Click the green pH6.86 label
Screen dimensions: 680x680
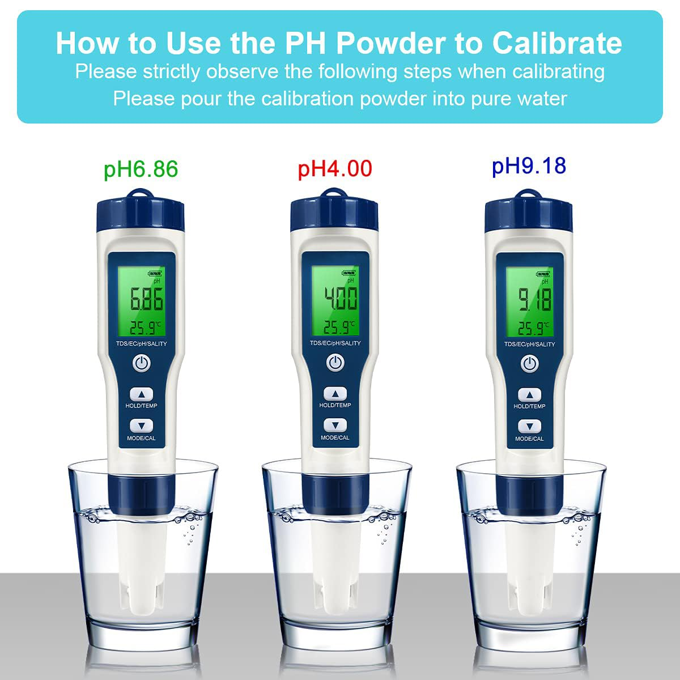(x=141, y=169)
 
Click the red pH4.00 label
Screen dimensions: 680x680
(x=335, y=168)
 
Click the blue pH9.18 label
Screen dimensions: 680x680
(x=529, y=165)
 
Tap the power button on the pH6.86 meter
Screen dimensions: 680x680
(x=142, y=363)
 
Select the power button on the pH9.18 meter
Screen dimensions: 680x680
(x=530, y=363)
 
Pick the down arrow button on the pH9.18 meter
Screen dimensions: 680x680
(x=530, y=427)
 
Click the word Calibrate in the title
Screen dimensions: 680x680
(x=556, y=43)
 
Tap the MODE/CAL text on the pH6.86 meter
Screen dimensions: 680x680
(x=142, y=438)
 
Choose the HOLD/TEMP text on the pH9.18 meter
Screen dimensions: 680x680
(x=529, y=406)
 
